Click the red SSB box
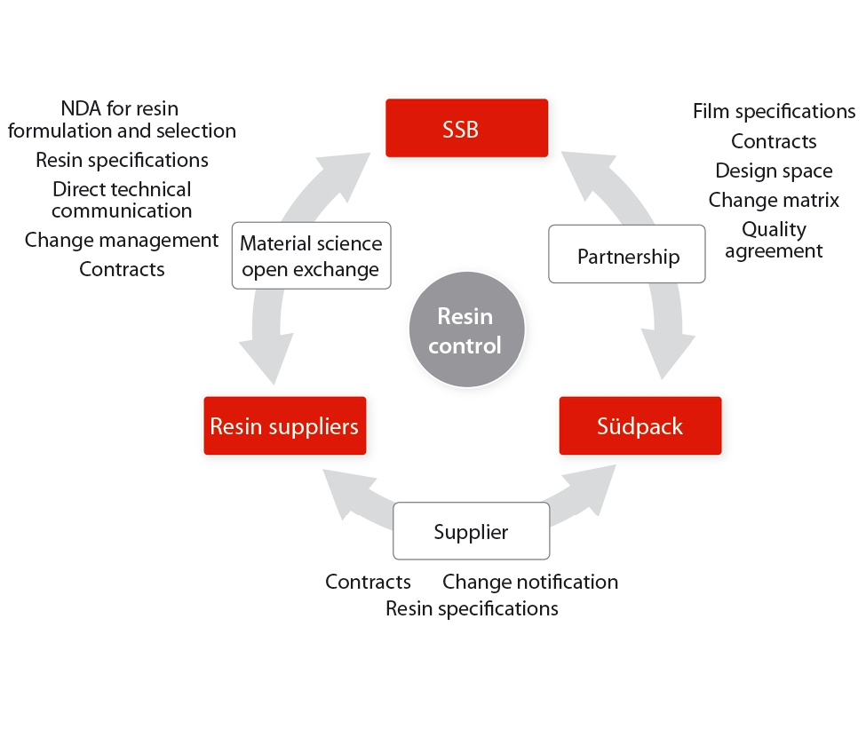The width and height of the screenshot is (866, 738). coord(466,128)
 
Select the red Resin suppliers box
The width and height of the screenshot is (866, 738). coord(284,425)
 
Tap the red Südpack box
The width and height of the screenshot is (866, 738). coord(640,425)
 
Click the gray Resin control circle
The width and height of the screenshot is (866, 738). coord(466,329)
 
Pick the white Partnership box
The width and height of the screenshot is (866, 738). coord(627,256)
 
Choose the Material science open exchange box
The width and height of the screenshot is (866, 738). coord(311,256)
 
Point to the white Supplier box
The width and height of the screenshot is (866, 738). coord(471,531)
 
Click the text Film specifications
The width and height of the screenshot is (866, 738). coord(774,111)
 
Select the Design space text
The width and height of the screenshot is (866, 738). coord(774,171)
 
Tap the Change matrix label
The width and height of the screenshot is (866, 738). coord(774,200)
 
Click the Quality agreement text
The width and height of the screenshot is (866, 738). coord(774,240)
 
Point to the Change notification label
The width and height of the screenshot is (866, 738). coord(530,582)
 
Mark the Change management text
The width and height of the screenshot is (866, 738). coord(122,240)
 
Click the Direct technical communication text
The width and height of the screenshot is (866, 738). coord(122,200)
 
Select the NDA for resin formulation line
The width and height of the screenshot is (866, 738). coord(122,120)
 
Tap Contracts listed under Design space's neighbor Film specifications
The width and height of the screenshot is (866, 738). coord(774,141)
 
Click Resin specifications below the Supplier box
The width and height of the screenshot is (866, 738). coord(472,608)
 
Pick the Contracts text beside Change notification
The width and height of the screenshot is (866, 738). coord(368,582)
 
